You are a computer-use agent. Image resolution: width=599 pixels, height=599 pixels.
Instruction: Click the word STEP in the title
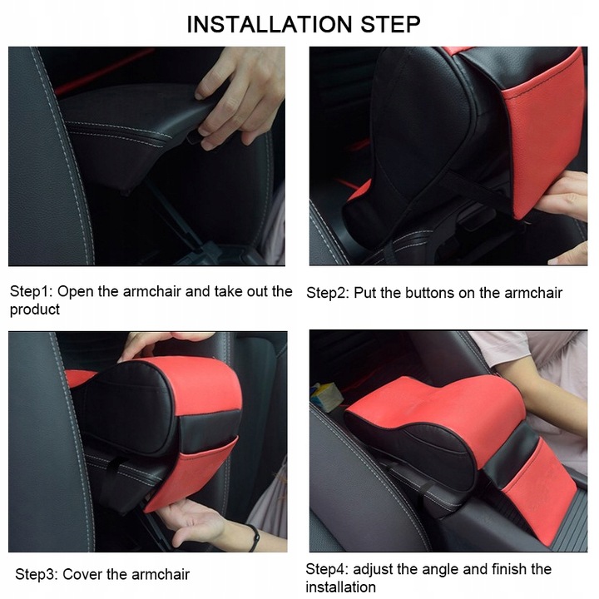coord(390,24)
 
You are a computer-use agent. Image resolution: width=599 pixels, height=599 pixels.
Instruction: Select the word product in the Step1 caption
coord(35,309)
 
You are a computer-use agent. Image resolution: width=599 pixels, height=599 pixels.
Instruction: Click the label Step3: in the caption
coord(37,574)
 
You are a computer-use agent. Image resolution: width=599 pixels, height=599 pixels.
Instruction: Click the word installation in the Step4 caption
coord(340,587)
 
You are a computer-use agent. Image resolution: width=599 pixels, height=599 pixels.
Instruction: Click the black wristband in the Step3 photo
coord(254,537)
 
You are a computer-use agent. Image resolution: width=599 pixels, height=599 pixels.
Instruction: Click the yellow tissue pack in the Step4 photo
coord(326,396)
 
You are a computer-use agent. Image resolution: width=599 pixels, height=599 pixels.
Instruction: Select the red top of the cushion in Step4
coord(439,401)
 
